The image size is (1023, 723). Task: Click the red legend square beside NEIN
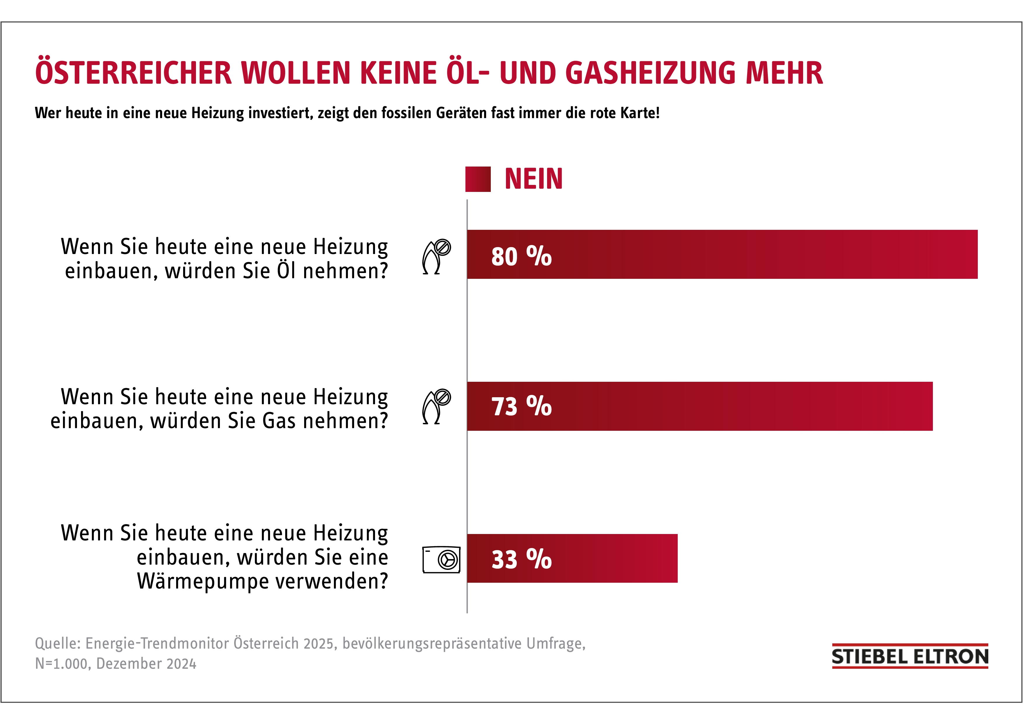[478, 179]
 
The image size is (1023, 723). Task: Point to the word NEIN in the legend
[533, 179]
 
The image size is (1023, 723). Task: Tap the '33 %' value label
[521, 559]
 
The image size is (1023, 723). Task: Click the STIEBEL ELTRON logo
[910, 657]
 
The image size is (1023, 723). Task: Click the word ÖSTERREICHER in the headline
[134, 73]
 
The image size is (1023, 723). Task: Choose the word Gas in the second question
[279, 421]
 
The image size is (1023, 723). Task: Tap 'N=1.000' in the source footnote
[62, 664]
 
